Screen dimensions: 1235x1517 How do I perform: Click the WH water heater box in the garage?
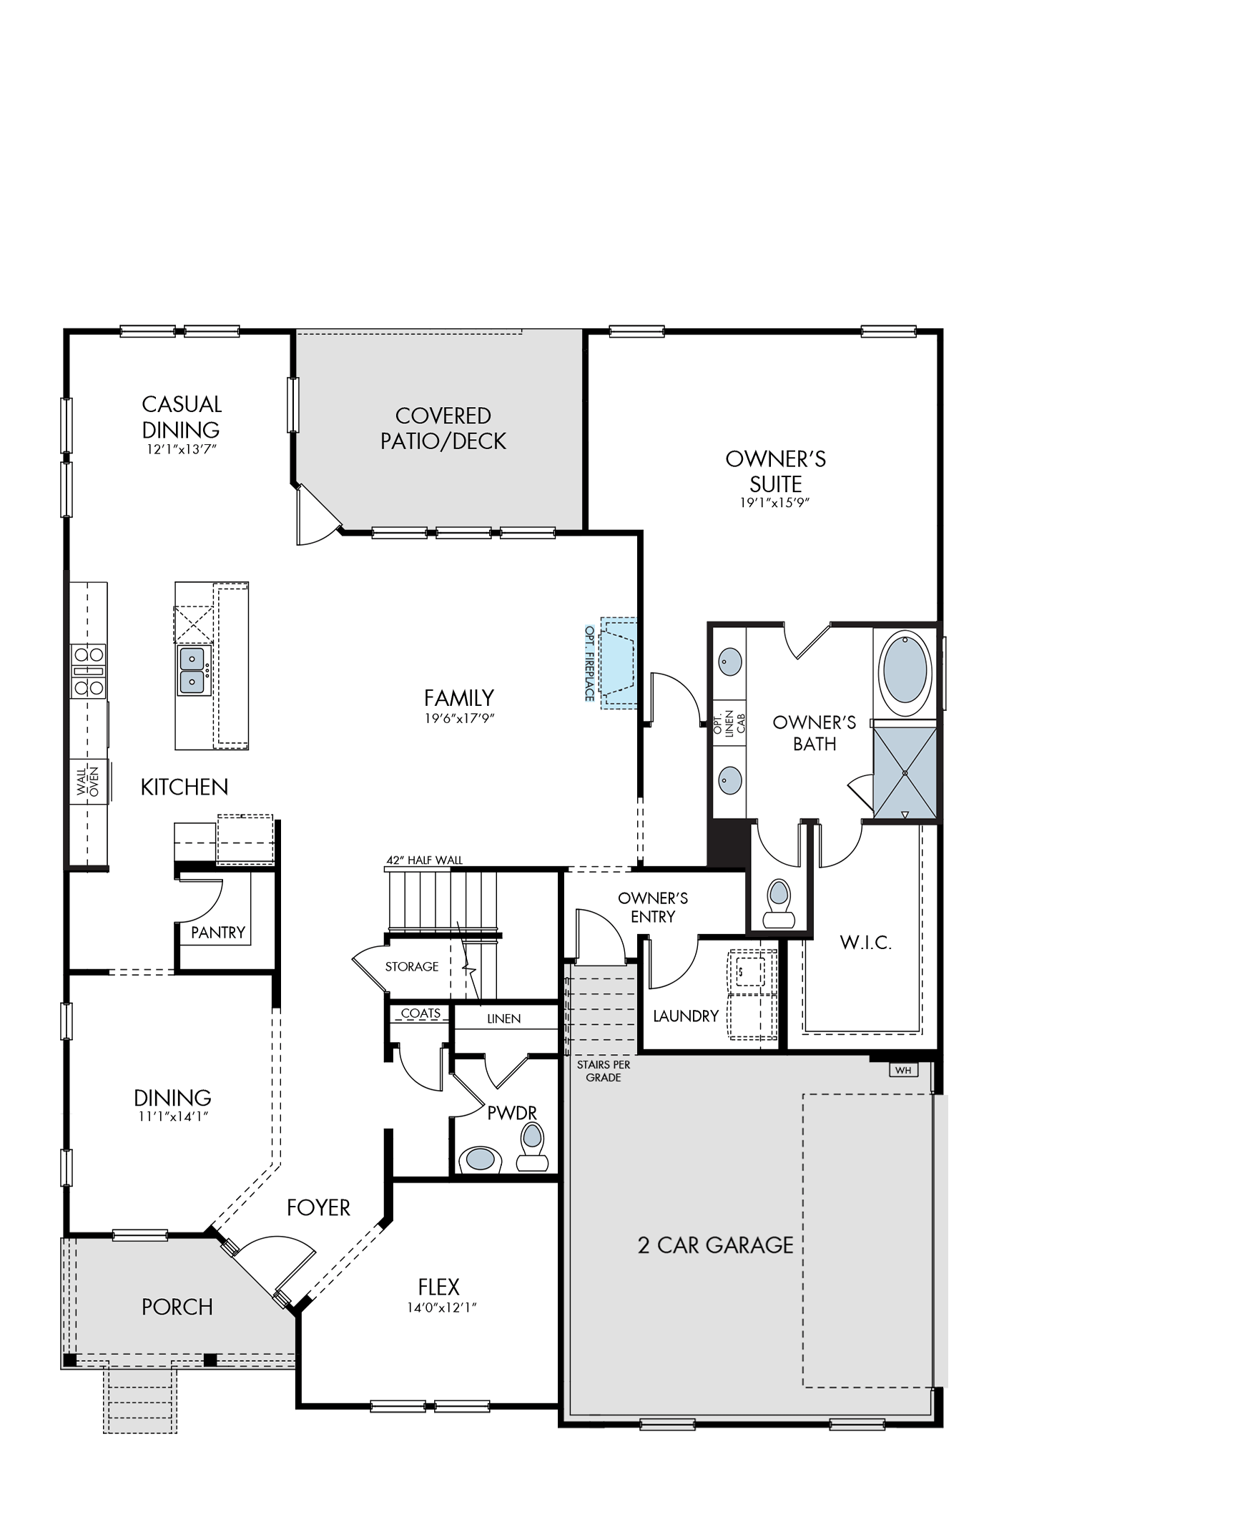[903, 1070]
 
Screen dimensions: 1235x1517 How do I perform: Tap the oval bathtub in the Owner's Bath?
[905, 671]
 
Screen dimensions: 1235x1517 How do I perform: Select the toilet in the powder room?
[532, 1146]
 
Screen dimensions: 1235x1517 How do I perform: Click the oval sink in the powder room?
[480, 1159]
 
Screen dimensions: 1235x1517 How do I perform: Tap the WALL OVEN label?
[87, 780]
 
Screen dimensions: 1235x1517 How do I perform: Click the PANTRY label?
[218, 933]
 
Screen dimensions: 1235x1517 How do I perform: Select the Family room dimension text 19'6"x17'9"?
[460, 719]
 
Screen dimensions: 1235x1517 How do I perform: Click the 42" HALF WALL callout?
[425, 860]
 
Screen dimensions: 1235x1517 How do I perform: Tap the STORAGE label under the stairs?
[412, 967]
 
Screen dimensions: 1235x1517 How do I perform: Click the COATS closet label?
[420, 1013]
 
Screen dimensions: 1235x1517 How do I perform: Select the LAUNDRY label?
[686, 1016]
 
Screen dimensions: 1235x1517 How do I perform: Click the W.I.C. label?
[866, 943]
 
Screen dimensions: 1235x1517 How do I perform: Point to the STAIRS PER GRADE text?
[604, 1071]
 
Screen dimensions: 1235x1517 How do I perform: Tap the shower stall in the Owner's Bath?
[905, 772]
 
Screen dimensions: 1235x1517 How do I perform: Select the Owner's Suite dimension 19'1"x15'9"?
[774, 503]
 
